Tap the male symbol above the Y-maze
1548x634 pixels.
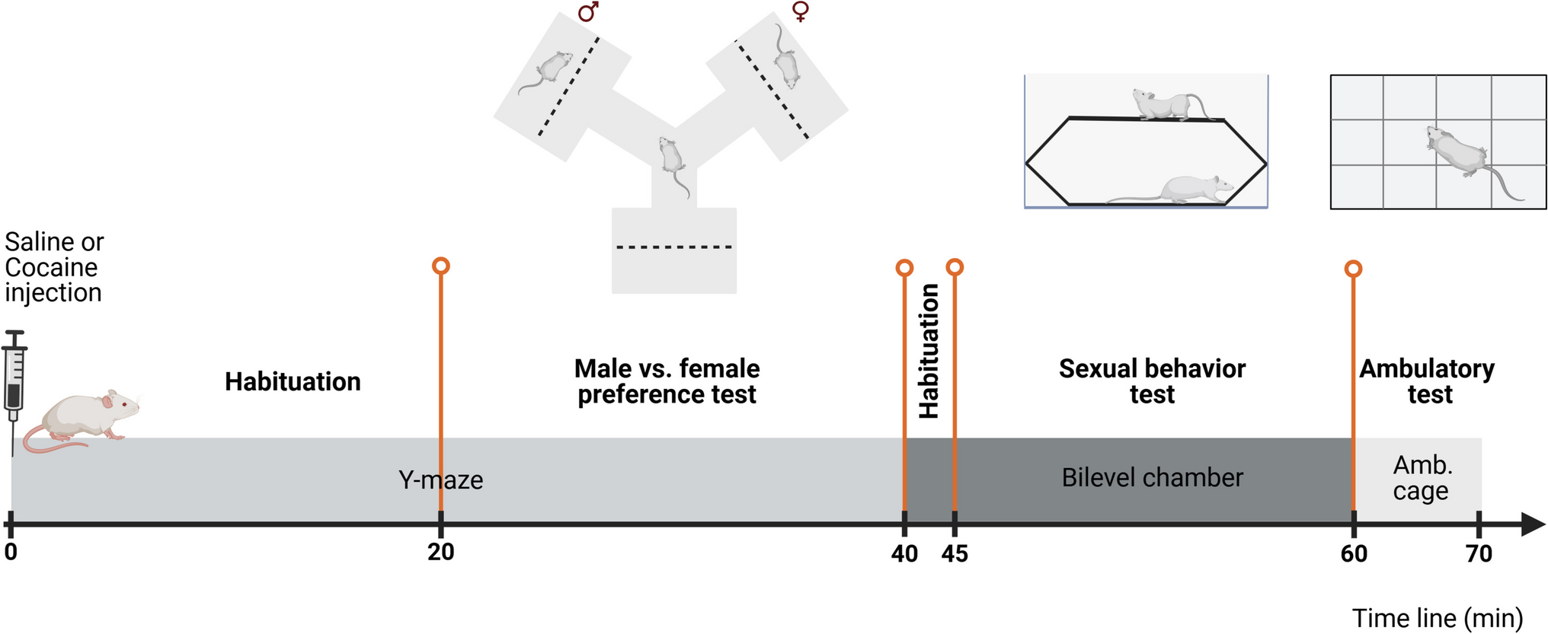point(588,11)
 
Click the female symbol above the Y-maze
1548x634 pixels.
point(800,11)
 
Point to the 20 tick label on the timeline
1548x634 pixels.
point(441,553)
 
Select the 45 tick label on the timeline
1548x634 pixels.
point(955,553)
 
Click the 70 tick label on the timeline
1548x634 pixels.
point(1479,553)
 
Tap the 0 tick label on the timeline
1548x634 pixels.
point(11,553)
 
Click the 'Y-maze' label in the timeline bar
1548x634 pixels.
point(441,480)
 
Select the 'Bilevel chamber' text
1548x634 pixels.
point(1152,478)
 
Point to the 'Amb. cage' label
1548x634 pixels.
point(1422,478)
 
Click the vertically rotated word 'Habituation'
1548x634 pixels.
point(929,352)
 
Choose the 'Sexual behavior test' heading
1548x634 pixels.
point(1152,381)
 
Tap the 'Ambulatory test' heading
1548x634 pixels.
point(1427,381)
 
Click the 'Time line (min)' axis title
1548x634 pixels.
point(1437,618)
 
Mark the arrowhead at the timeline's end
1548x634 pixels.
point(1532,524)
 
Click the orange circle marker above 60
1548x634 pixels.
point(1353,269)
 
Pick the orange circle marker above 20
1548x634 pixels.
point(440,266)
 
